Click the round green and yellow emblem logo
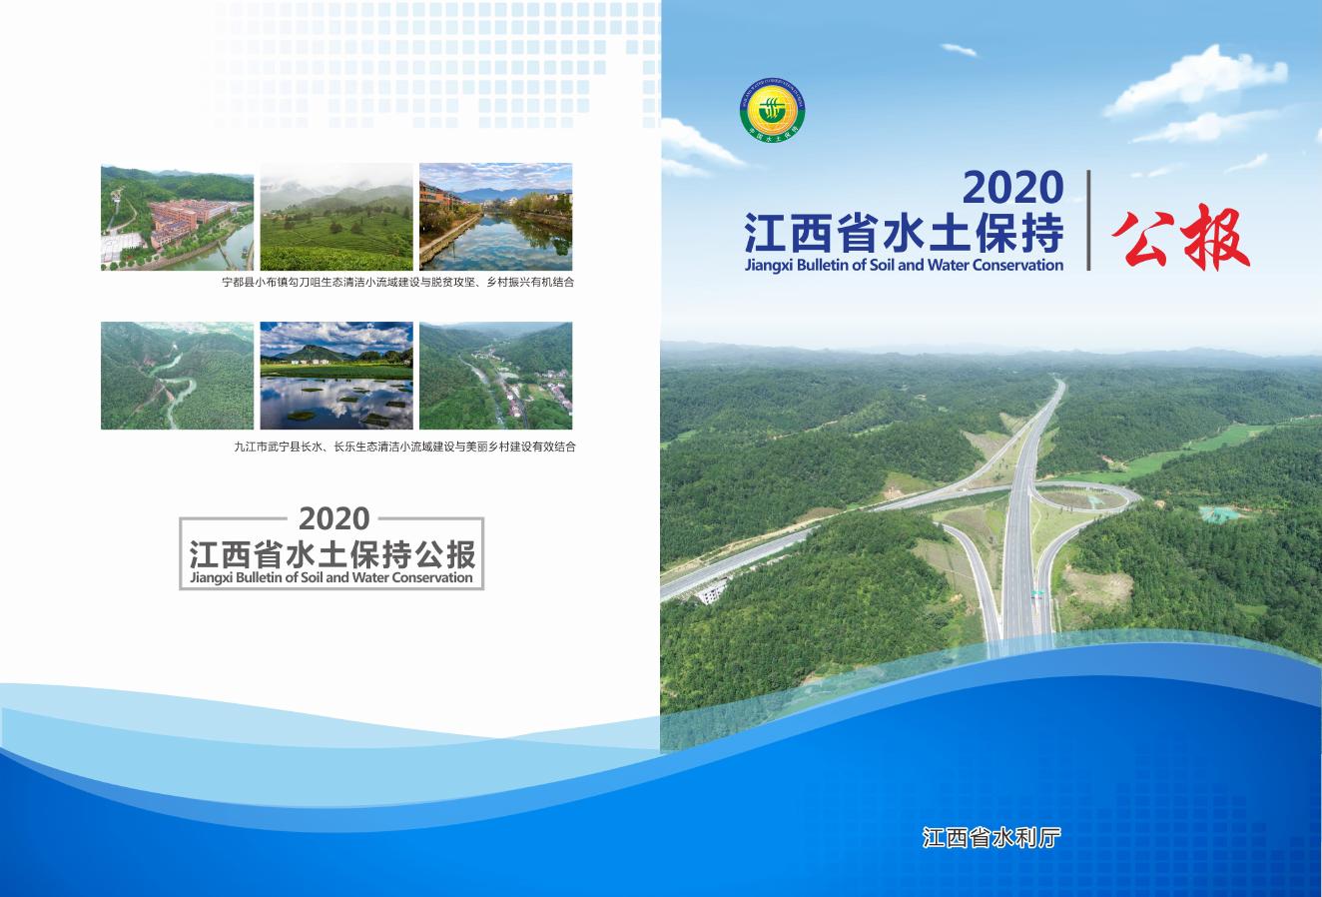[x=773, y=109]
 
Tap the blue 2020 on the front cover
[x=1011, y=189]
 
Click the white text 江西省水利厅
[x=991, y=837]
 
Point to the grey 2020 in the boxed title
[x=333, y=518]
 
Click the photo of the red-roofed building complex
[x=177, y=217]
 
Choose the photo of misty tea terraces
[x=335, y=217]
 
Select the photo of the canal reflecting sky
[x=495, y=217]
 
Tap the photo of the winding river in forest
[x=177, y=376]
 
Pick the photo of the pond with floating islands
[x=335, y=376]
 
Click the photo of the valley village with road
[x=495, y=376]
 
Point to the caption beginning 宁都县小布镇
[x=398, y=283]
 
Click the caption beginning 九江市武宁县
[x=404, y=447]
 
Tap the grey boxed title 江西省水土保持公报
[x=331, y=553]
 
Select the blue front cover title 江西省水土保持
[x=904, y=236]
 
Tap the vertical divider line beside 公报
[x=1088, y=220]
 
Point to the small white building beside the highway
[x=711, y=593]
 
